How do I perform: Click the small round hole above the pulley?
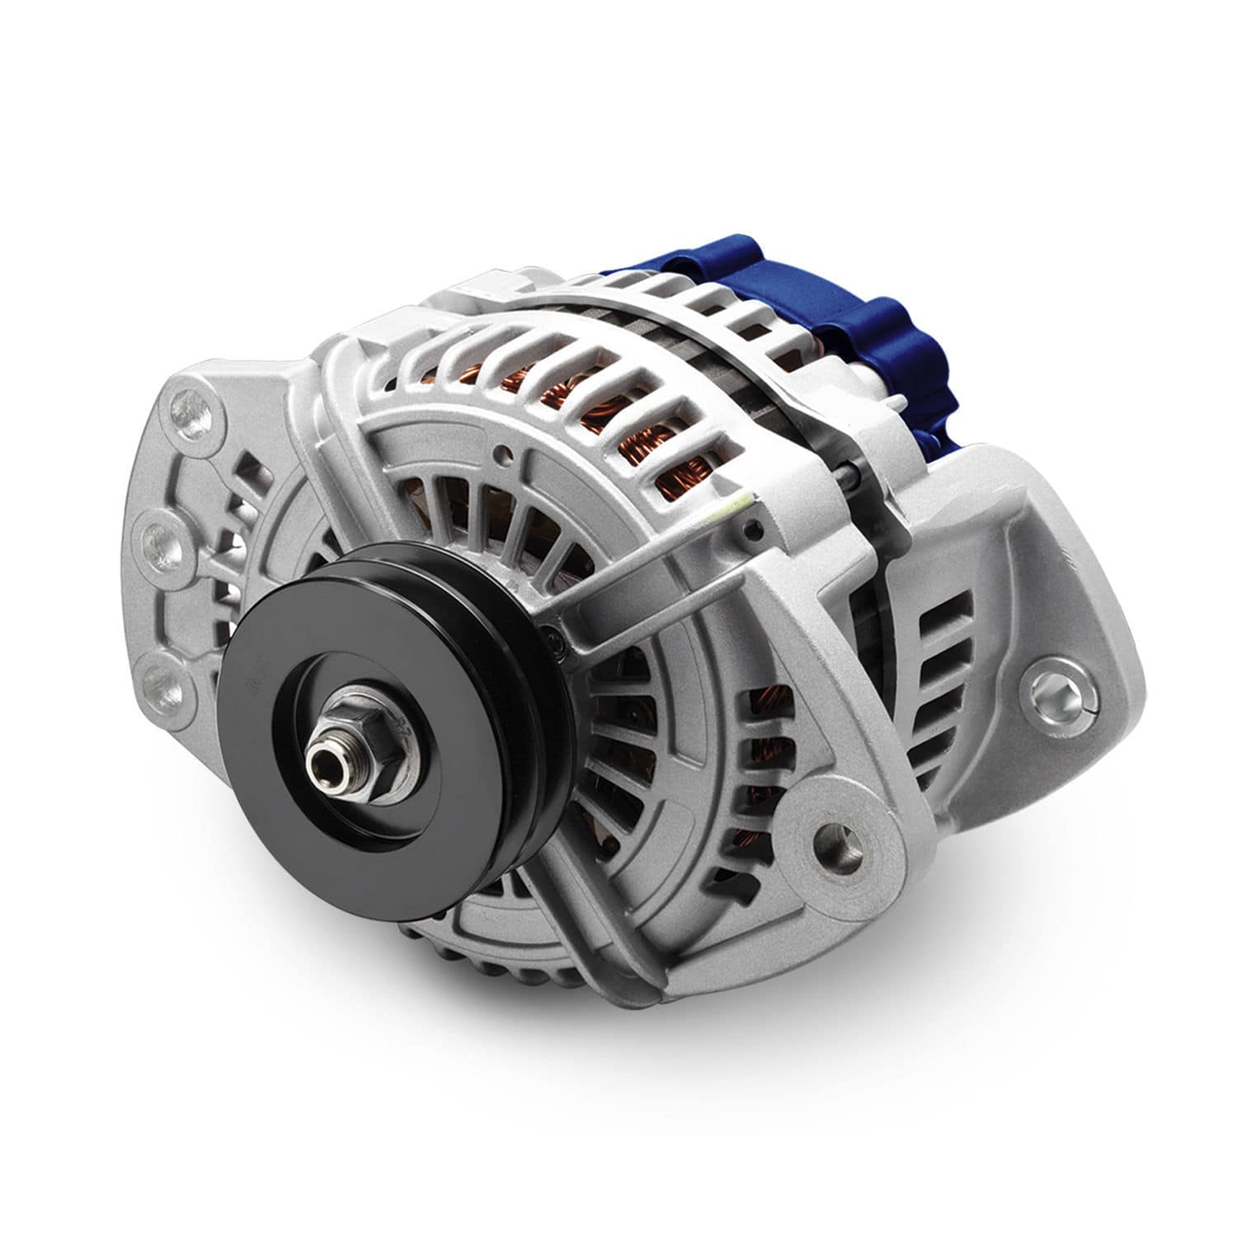coord(501,451)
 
